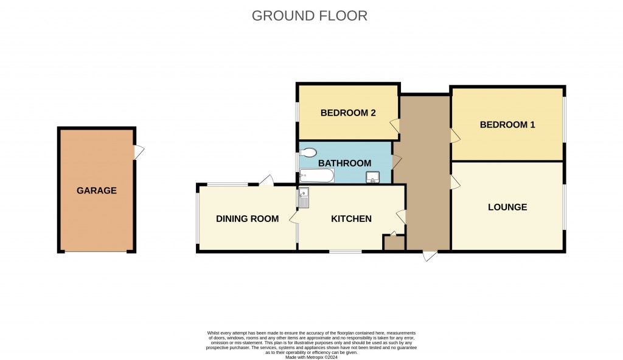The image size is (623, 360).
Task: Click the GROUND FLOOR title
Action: (310, 16)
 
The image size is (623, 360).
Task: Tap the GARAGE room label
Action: (96, 190)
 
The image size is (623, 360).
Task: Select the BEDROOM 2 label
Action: (344, 112)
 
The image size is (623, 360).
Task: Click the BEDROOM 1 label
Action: (507, 125)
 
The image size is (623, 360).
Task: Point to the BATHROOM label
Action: (344, 163)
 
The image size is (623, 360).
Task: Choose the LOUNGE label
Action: (507, 207)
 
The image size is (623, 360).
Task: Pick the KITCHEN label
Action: (351, 219)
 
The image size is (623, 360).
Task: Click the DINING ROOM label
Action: (247, 219)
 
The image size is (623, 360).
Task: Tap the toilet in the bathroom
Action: (308, 152)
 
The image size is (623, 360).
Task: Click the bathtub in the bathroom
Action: (316, 176)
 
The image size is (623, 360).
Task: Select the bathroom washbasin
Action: (373, 177)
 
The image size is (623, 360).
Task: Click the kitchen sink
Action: (304, 197)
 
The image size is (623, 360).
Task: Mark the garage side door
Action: (139, 152)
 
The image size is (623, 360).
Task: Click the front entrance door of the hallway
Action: (430, 256)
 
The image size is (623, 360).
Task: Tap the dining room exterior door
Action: (266, 180)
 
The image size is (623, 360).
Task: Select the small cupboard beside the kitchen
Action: (394, 243)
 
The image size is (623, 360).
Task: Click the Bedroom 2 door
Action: (395, 126)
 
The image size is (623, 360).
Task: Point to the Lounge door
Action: (454, 182)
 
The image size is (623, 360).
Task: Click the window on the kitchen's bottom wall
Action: (345, 251)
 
